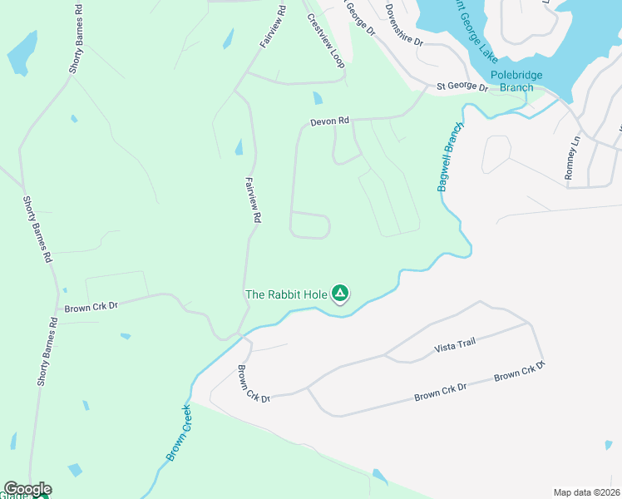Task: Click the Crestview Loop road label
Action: point(326,41)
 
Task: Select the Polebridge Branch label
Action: point(516,81)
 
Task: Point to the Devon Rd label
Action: point(329,121)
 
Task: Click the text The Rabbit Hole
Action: point(286,294)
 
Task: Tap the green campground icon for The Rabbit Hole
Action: point(340,293)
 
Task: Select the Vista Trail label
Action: point(455,347)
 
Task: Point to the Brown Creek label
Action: point(180,432)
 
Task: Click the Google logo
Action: point(27,489)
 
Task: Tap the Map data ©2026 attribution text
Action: point(585,492)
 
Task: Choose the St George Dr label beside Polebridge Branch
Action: point(462,86)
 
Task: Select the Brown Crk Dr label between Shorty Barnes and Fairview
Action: point(91,306)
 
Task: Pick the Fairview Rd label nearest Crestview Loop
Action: point(273,26)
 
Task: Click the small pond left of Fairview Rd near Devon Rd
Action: point(239,148)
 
